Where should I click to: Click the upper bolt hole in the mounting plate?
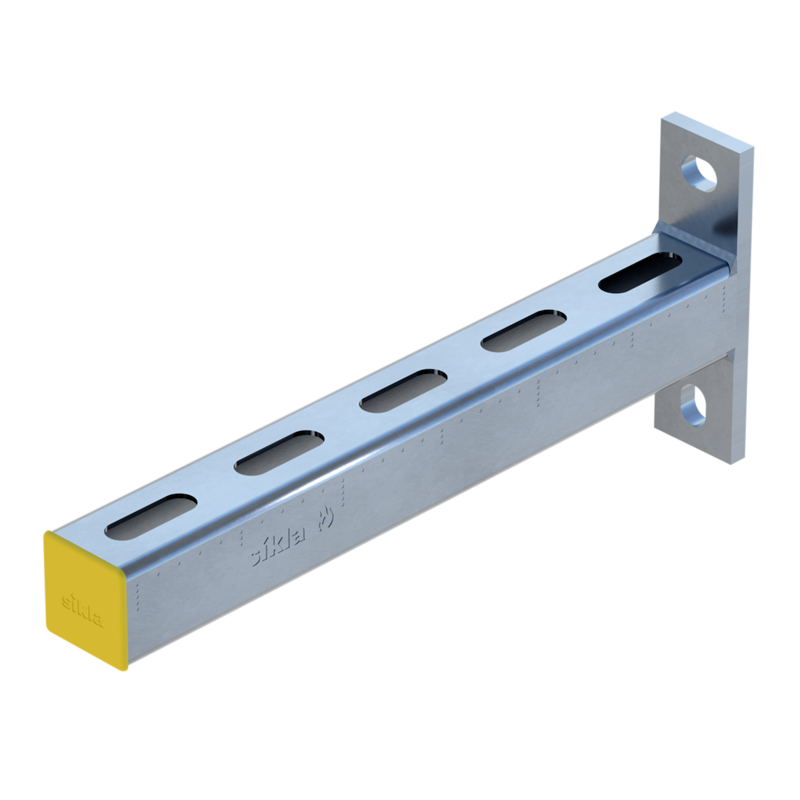[699, 173]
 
